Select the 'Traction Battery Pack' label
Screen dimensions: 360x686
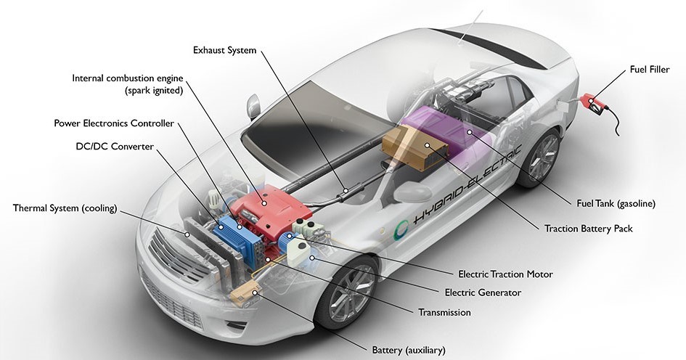coord(588,229)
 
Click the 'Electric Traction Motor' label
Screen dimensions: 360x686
coord(505,274)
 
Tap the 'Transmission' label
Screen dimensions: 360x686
coord(444,312)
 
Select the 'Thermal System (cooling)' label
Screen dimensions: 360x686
coord(65,208)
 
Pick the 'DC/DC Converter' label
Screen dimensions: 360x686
coord(115,146)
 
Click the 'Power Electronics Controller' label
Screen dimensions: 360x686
coord(114,123)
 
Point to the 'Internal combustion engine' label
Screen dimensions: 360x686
coord(127,78)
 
